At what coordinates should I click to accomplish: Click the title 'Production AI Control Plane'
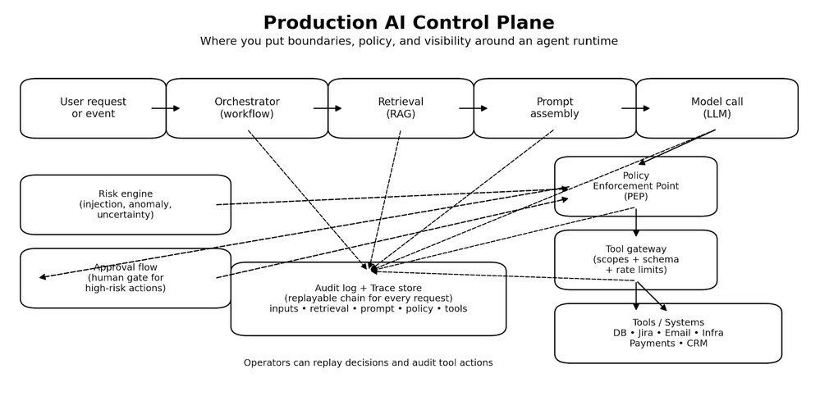409,23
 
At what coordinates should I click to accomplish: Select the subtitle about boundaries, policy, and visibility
409,41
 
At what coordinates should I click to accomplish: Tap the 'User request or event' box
93,107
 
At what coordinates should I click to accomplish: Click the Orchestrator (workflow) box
246,107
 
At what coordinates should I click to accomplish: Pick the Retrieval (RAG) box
401,107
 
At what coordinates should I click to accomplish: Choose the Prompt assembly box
554,107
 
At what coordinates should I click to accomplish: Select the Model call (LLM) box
717,107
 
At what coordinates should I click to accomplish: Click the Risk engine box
125,204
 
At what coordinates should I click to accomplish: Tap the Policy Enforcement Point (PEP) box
635,186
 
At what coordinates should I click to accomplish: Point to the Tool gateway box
635,259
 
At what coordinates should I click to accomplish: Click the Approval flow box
125,278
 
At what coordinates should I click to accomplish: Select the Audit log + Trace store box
368,298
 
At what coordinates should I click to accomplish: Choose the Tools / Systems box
668,333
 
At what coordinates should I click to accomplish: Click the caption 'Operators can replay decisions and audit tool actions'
368,362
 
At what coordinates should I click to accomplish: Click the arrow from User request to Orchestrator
165,108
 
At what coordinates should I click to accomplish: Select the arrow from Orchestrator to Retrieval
328,108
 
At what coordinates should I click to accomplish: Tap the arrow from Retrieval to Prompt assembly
474,108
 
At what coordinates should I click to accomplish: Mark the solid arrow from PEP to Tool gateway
635,222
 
